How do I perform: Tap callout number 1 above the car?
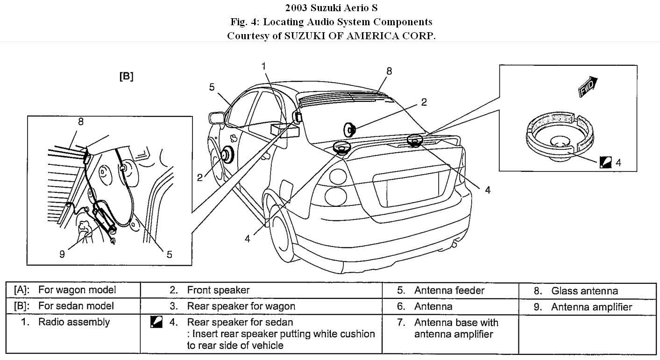coord(264,66)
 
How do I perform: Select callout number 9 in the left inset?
coord(62,254)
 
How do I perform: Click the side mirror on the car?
coord(217,118)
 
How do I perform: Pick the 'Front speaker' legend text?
coord(218,290)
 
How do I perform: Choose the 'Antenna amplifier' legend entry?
coord(591,307)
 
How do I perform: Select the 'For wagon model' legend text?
coord(77,290)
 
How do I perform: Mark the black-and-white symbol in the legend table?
coord(157,322)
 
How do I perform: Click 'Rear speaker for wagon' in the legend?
coord(241,306)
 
